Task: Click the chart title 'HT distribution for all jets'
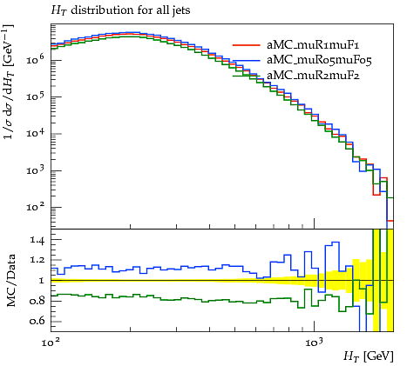coord(120,10)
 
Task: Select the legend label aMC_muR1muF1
coord(313,45)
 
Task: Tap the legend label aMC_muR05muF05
coord(319,60)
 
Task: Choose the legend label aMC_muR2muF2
coord(313,76)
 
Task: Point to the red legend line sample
coord(247,45)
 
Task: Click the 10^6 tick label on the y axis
coord(35,59)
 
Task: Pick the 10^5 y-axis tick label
coord(35,96)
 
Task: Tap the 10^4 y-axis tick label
coord(35,133)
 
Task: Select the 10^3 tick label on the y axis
coord(35,170)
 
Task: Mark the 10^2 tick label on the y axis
coord(35,206)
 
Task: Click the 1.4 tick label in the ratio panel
coord(37,240)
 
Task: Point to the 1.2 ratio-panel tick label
coord(37,260)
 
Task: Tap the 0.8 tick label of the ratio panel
coord(37,301)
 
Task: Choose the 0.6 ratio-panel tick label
coord(37,321)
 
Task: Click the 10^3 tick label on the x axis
coord(314,343)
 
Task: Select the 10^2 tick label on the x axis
coord(51,343)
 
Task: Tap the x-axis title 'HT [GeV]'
coord(369,356)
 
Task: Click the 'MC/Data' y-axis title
coord(10,281)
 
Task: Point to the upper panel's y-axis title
coord(9,82)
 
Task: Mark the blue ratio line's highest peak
coord(336,242)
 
